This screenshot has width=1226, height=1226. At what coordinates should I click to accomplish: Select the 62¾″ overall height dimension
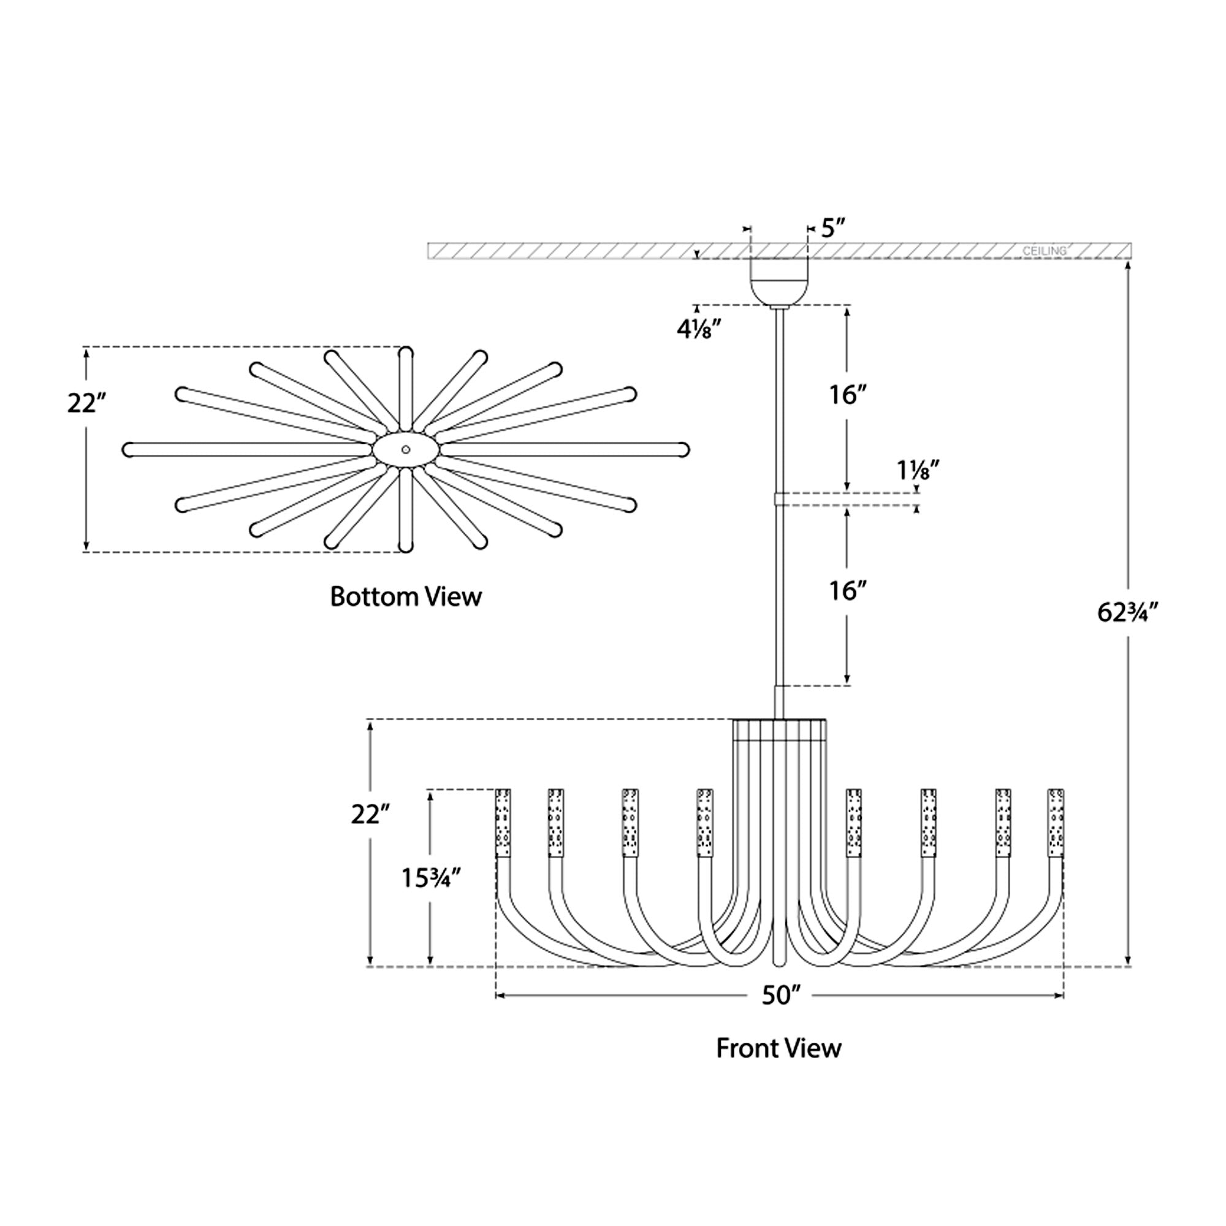point(1129,613)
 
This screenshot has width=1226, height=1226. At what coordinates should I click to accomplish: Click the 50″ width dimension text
point(778,996)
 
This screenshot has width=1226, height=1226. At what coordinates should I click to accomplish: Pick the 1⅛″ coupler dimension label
point(918,470)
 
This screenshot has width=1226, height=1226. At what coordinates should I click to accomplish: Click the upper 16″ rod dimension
point(848,395)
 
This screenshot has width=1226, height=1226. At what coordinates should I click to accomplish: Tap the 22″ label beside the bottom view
point(86,403)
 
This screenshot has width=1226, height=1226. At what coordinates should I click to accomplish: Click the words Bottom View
point(406,597)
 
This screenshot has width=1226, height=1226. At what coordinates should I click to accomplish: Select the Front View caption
point(779,1049)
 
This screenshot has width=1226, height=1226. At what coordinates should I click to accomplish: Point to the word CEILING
point(1044,251)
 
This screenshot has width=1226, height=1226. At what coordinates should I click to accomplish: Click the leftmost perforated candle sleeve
point(503,823)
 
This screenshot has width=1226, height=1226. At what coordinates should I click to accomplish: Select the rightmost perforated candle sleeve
point(1056,823)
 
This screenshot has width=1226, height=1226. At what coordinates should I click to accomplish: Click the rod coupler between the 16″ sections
point(780,498)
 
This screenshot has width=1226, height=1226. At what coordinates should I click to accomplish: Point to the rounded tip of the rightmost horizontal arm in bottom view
point(683,450)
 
